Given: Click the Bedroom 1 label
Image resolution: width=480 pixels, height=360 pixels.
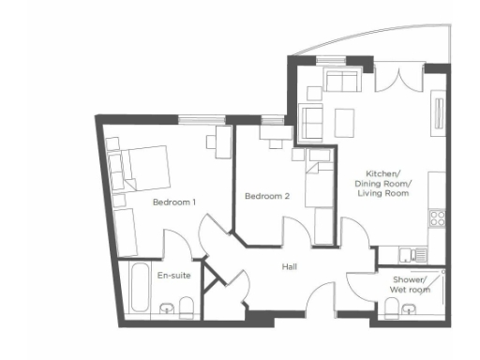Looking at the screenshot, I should click(174, 202).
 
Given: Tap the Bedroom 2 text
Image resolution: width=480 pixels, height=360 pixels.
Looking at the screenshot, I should click(267, 197).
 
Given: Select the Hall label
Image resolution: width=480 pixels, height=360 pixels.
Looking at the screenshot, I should click(290, 267).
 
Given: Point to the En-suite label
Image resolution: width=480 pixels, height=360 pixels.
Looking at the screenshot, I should click(174, 277).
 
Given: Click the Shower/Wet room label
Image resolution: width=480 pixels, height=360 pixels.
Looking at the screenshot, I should click(410, 285).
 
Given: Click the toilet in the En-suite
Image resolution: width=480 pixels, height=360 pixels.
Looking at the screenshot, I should click(186, 306).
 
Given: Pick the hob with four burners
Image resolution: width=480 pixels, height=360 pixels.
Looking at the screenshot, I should click(437, 220).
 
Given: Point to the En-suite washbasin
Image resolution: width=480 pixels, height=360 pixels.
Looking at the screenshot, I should click(167, 307).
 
